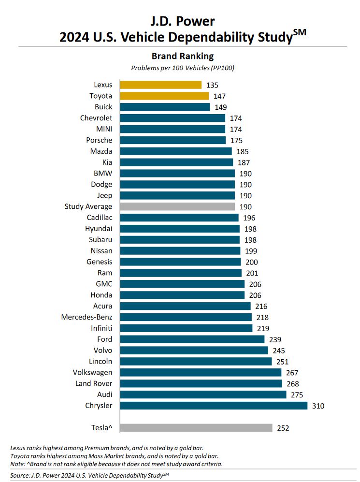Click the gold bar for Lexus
[160, 85]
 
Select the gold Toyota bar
[164, 96]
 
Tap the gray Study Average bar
[177, 206]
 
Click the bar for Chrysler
[213, 406]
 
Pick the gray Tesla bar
[196, 428]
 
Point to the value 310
[318, 406]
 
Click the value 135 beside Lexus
[212, 85]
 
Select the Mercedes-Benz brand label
[86, 317]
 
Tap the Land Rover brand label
[94, 383]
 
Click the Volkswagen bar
[200, 372]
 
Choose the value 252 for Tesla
[283, 428]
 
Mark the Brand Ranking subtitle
[183, 56]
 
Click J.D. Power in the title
[183, 21]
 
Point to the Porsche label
[100, 140]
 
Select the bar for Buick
[165, 107]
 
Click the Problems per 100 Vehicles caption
[183, 68]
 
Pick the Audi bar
[203, 394]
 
